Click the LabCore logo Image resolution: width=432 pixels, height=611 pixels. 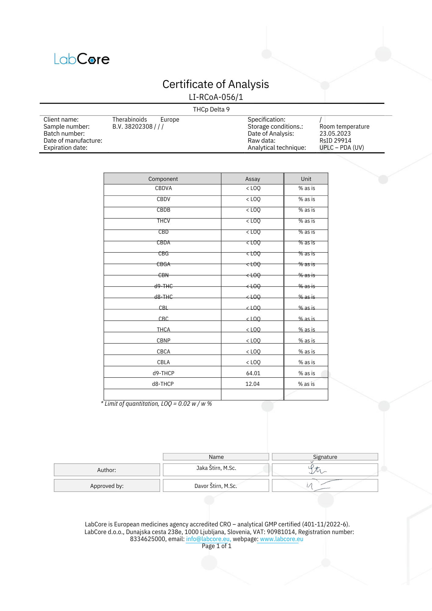tap(82, 59)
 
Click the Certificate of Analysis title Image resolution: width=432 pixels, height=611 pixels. tap(215, 84)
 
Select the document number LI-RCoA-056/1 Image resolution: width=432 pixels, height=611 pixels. tap(216, 97)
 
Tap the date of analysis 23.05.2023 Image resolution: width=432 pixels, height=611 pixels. tap(335, 134)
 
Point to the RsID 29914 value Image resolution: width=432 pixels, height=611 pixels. tap(335, 141)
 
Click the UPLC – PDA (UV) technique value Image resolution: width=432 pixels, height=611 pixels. tap(342, 148)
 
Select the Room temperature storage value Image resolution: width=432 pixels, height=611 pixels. tap(344, 126)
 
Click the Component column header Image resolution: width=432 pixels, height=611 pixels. tap(163, 179)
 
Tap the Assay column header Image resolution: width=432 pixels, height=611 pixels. tap(252, 179)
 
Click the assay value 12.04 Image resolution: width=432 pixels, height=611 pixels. tap(252, 384)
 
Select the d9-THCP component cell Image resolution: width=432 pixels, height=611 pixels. tap(163, 373)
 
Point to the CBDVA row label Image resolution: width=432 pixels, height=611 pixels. tap(163, 188)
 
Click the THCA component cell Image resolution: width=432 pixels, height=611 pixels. tap(163, 330)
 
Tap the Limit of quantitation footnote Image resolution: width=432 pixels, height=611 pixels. tap(156, 404)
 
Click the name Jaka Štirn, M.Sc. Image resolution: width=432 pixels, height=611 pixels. tap(216, 468)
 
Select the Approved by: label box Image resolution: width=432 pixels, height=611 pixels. tap(107, 486)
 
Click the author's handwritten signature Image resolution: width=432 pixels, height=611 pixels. tap(317, 470)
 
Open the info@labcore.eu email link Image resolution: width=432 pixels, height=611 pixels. tap(208, 539)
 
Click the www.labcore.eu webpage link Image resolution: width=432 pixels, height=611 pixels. tap(281, 539)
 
